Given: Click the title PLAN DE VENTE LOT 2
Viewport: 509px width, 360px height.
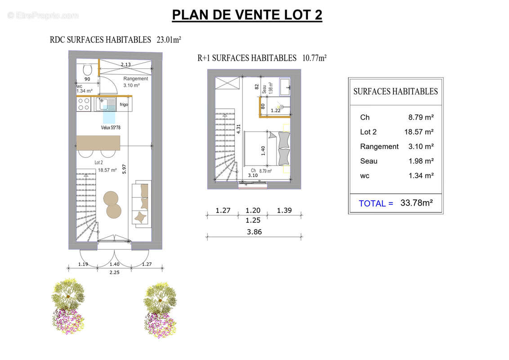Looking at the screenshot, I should tap(247, 15).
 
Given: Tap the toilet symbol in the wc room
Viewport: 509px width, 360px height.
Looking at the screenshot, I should tap(88, 70).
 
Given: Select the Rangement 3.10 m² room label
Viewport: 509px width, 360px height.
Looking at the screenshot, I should tap(135, 81).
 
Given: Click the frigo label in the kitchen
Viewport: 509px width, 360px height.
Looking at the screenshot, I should tap(124, 105).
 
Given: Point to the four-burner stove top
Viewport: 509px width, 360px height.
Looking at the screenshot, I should tap(84, 104).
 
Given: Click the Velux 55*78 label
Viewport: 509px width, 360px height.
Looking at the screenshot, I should tap(111, 128).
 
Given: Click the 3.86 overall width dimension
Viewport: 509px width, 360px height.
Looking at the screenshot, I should tap(254, 232).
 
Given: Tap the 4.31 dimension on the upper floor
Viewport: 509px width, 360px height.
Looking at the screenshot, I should tap(239, 129).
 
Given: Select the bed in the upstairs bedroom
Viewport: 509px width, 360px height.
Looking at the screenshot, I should tap(264, 148).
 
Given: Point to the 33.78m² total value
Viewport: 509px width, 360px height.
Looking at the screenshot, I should tap(416, 203).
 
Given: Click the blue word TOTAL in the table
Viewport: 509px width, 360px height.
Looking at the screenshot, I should tap(375, 203).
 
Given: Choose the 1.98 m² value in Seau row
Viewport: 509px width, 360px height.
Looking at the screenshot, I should tap(421, 161).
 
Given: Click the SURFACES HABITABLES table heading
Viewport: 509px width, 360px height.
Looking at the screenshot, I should tap(395, 91).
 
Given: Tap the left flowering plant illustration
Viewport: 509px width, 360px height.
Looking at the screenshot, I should tap(68, 306).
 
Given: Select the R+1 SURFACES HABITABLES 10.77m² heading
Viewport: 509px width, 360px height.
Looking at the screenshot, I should tap(262, 58).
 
